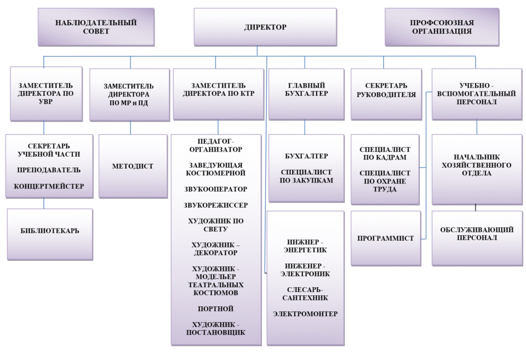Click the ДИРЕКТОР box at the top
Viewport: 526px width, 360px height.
(x=265, y=27)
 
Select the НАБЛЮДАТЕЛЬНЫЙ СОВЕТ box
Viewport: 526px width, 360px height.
(x=96, y=27)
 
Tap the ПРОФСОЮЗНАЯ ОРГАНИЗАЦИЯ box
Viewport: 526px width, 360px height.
(x=442, y=27)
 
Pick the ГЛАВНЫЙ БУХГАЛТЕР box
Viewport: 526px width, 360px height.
(x=306, y=94)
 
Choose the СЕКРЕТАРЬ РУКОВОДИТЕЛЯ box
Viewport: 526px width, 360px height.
(x=386, y=94)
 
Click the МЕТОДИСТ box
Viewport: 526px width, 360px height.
(x=133, y=166)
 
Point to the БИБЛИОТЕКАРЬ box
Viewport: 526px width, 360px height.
(x=50, y=234)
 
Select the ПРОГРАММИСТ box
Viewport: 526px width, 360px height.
(x=386, y=238)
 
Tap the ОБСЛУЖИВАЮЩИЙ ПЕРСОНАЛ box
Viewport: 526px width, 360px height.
(x=477, y=238)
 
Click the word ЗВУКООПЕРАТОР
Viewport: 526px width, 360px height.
(x=216, y=189)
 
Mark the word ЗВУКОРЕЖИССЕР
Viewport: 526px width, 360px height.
(x=216, y=205)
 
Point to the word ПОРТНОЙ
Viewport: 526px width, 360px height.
(x=216, y=308)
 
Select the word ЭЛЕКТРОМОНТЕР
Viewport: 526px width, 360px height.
(x=305, y=314)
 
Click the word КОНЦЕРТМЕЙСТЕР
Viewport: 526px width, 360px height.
(x=49, y=186)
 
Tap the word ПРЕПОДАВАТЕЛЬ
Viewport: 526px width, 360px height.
(x=49, y=170)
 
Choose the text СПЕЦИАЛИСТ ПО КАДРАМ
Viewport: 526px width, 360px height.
(x=385, y=153)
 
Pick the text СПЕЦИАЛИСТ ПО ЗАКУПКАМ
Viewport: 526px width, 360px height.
(x=306, y=176)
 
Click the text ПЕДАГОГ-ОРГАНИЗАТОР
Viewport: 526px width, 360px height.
(x=216, y=145)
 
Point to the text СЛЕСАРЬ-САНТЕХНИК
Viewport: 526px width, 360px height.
(x=305, y=294)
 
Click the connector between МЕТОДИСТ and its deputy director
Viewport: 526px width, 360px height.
(x=130, y=128)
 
